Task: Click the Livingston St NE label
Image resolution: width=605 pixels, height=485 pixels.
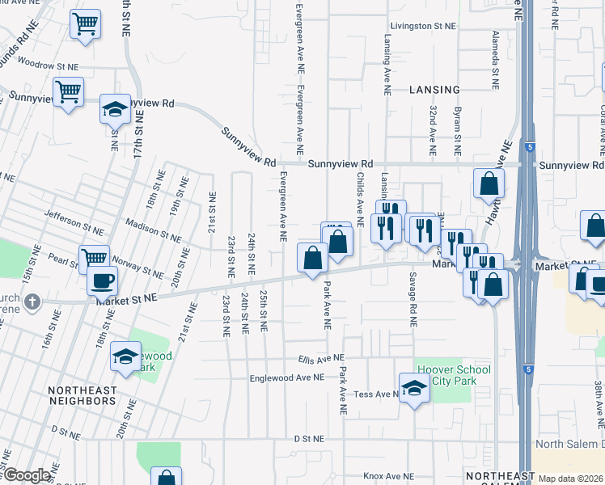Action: click(421, 26)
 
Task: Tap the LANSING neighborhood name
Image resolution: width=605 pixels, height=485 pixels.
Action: click(434, 90)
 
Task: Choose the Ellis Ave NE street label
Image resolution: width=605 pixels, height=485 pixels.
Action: click(320, 357)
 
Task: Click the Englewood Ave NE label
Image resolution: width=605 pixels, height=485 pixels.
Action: click(287, 377)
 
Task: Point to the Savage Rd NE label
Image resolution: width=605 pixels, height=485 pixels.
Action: click(412, 298)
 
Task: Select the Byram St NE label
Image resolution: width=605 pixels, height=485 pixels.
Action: click(457, 130)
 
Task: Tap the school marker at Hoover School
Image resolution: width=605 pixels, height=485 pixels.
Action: click(414, 389)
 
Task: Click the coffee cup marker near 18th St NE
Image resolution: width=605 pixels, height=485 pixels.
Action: click(103, 281)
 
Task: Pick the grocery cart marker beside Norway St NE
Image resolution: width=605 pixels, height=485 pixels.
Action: click(94, 259)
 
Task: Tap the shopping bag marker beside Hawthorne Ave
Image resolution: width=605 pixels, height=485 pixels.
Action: click(489, 183)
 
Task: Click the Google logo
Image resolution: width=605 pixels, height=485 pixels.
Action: click(26, 475)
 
